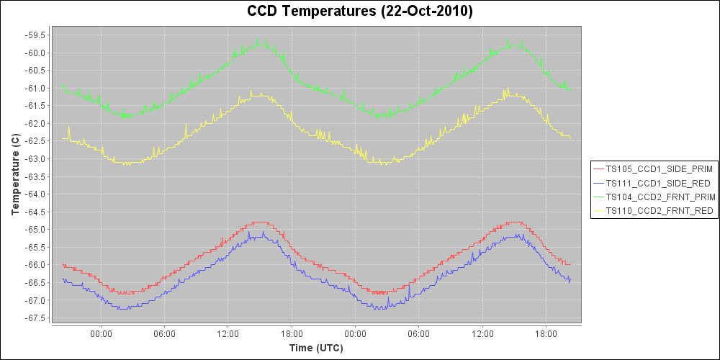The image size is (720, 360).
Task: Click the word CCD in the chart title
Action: (x=261, y=12)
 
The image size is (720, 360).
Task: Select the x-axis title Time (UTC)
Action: (x=316, y=348)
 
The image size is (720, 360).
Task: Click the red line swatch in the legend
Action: (x=598, y=169)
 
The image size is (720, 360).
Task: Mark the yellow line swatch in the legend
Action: (x=598, y=210)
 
